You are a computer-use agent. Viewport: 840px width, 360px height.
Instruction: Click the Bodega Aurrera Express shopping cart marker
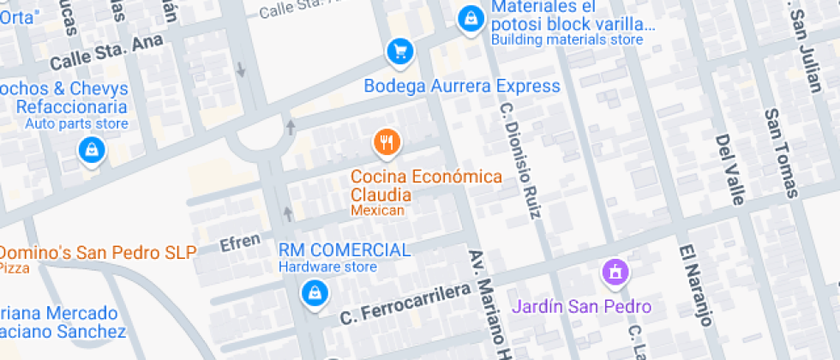[399, 51]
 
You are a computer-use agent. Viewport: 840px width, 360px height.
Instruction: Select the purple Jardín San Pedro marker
[615, 273]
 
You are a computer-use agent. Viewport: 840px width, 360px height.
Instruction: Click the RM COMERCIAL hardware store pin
[315, 294]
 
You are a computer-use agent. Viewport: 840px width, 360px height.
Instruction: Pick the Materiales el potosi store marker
[470, 17]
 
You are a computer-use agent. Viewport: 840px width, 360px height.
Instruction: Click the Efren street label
[240, 243]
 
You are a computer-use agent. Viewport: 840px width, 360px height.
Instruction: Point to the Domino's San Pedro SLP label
[98, 252]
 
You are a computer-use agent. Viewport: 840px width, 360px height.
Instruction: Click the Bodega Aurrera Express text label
[462, 86]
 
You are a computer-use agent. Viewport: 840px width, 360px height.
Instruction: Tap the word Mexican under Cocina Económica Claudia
[377, 210]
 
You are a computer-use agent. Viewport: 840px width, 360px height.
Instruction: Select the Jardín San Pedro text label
[582, 306]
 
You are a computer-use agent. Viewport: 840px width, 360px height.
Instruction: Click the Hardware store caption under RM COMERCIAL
[327, 267]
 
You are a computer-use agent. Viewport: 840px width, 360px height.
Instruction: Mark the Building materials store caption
[567, 39]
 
